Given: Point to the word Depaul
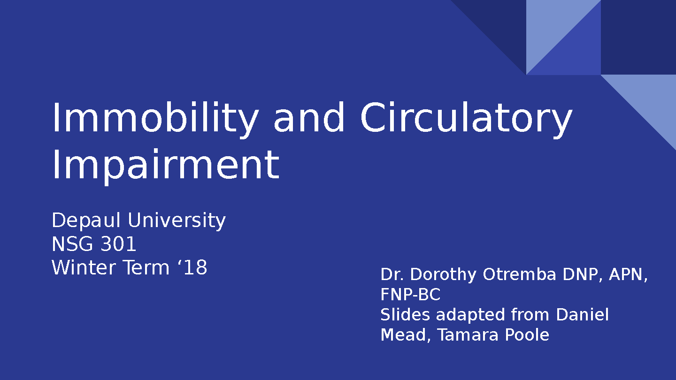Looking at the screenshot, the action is pos(86,221).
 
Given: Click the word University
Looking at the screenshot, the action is pos(177,221).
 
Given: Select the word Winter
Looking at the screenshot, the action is pos(84,267).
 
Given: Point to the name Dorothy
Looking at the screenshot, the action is pos(443,275).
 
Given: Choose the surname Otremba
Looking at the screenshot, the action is pos(519,274).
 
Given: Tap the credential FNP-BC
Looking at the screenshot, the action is pos(410,295).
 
